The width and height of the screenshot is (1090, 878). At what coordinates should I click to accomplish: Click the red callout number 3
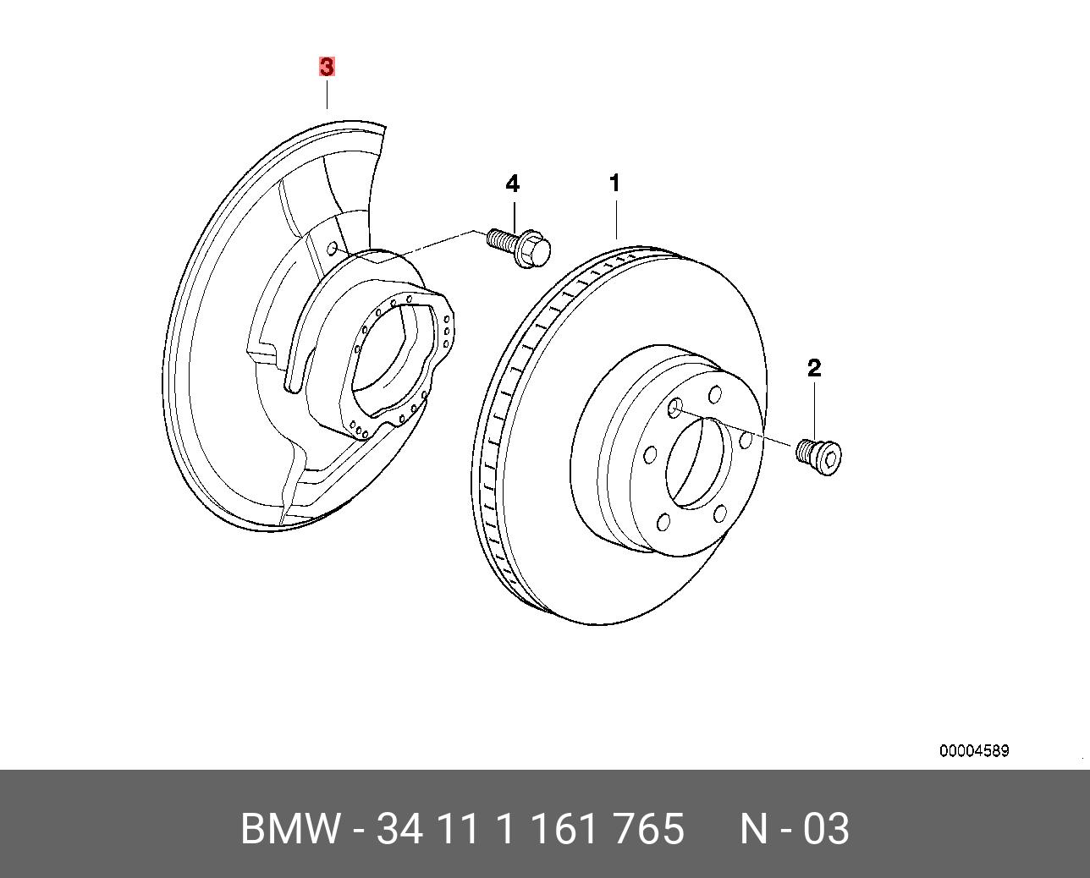pyautogui.click(x=327, y=67)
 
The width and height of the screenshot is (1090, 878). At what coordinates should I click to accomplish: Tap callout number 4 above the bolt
pyautogui.click(x=513, y=184)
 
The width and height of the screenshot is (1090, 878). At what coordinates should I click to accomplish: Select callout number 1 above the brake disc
pyautogui.click(x=615, y=183)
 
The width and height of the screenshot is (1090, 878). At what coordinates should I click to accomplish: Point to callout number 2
pyautogui.click(x=814, y=368)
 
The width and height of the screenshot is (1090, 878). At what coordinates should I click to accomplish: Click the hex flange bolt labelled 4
pyautogui.click(x=520, y=246)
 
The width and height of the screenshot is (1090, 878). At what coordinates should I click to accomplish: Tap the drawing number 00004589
pyautogui.click(x=973, y=751)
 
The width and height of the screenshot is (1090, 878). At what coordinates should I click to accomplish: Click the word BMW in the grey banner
pyautogui.click(x=290, y=829)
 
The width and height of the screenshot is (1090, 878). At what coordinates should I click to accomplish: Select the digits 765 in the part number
pyautogui.click(x=652, y=829)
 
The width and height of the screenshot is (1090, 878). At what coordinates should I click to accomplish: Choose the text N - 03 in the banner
pyautogui.click(x=794, y=829)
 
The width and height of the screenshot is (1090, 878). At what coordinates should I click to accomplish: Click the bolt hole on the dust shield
pyautogui.click(x=333, y=249)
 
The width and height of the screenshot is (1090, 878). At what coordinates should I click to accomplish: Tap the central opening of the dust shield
pyautogui.click(x=389, y=355)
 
